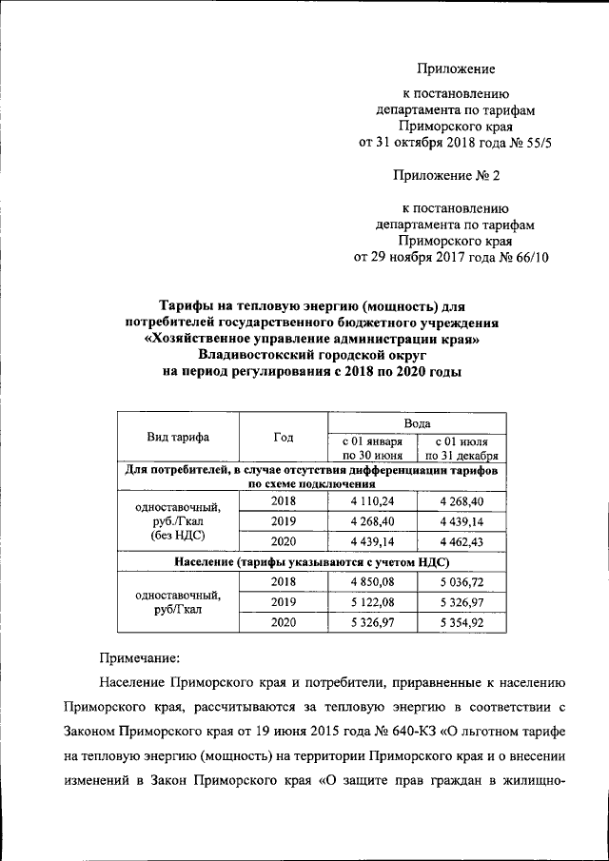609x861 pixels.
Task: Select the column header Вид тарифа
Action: coord(177,438)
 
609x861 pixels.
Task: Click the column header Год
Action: coord(283,438)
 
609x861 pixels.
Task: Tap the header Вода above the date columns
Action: coord(417,422)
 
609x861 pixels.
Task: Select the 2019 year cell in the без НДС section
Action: coord(283,520)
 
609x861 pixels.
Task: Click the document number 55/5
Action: coord(534,143)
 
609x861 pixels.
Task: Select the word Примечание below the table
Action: coord(139,656)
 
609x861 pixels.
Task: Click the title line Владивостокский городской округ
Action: coord(311,356)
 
